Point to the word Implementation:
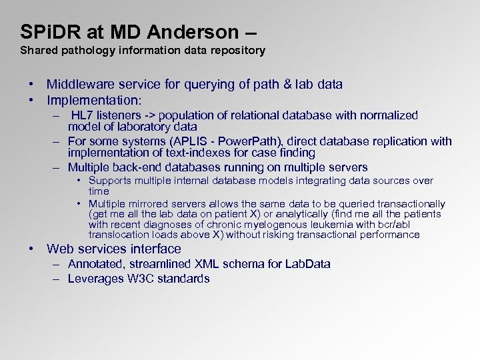click(x=94, y=101)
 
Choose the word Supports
click(x=109, y=181)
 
